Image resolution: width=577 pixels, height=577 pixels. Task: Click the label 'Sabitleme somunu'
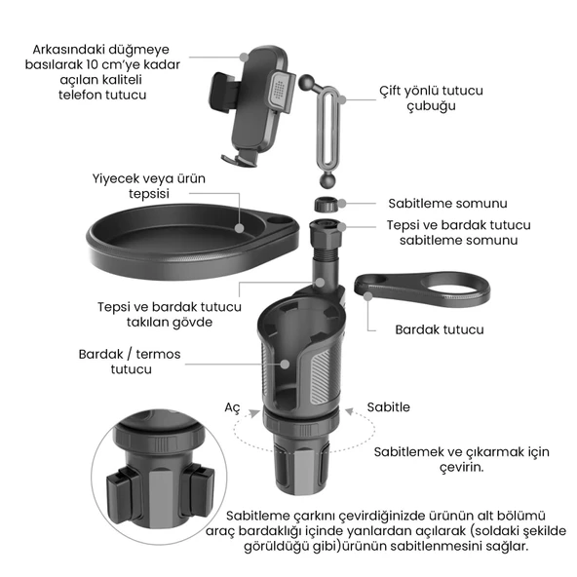pyautogui.click(x=447, y=203)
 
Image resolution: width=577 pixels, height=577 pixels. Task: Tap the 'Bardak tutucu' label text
pyautogui.click(x=440, y=329)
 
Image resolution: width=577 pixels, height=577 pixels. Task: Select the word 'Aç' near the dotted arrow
pyautogui.click(x=232, y=407)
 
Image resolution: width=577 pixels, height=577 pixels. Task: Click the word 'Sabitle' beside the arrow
pyautogui.click(x=388, y=407)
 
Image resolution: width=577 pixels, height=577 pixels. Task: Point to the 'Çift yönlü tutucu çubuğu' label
pyautogui.click(x=431, y=97)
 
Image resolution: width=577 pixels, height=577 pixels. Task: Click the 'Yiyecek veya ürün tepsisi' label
pyautogui.click(x=149, y=186)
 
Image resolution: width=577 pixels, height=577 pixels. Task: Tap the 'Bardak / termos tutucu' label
pyautogui.click(x=130, y=362)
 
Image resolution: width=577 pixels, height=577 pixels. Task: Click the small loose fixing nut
pyautogui.click(x=326, y=204)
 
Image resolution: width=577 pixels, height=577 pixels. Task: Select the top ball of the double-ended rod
pyautogui.click(x=306, y=82)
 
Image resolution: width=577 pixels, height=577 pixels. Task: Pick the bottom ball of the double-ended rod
pyautogui.click(x=328, y=180)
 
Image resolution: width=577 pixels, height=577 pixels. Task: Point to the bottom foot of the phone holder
pyautogui.click(x=239, y=159)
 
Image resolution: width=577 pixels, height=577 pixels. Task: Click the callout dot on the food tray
pyautogui.click(x=240, y=228)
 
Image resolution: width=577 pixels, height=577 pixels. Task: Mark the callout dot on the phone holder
pyautogui.click(x=244, y=58)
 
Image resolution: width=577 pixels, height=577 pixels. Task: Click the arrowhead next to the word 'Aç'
pyautogui.click(x=254, y=413)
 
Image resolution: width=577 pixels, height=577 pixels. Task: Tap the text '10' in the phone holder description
pyautogui.click(x=93, y=64)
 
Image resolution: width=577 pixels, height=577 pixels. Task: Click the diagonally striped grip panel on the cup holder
pyautogui.click(x=322, y=375)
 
